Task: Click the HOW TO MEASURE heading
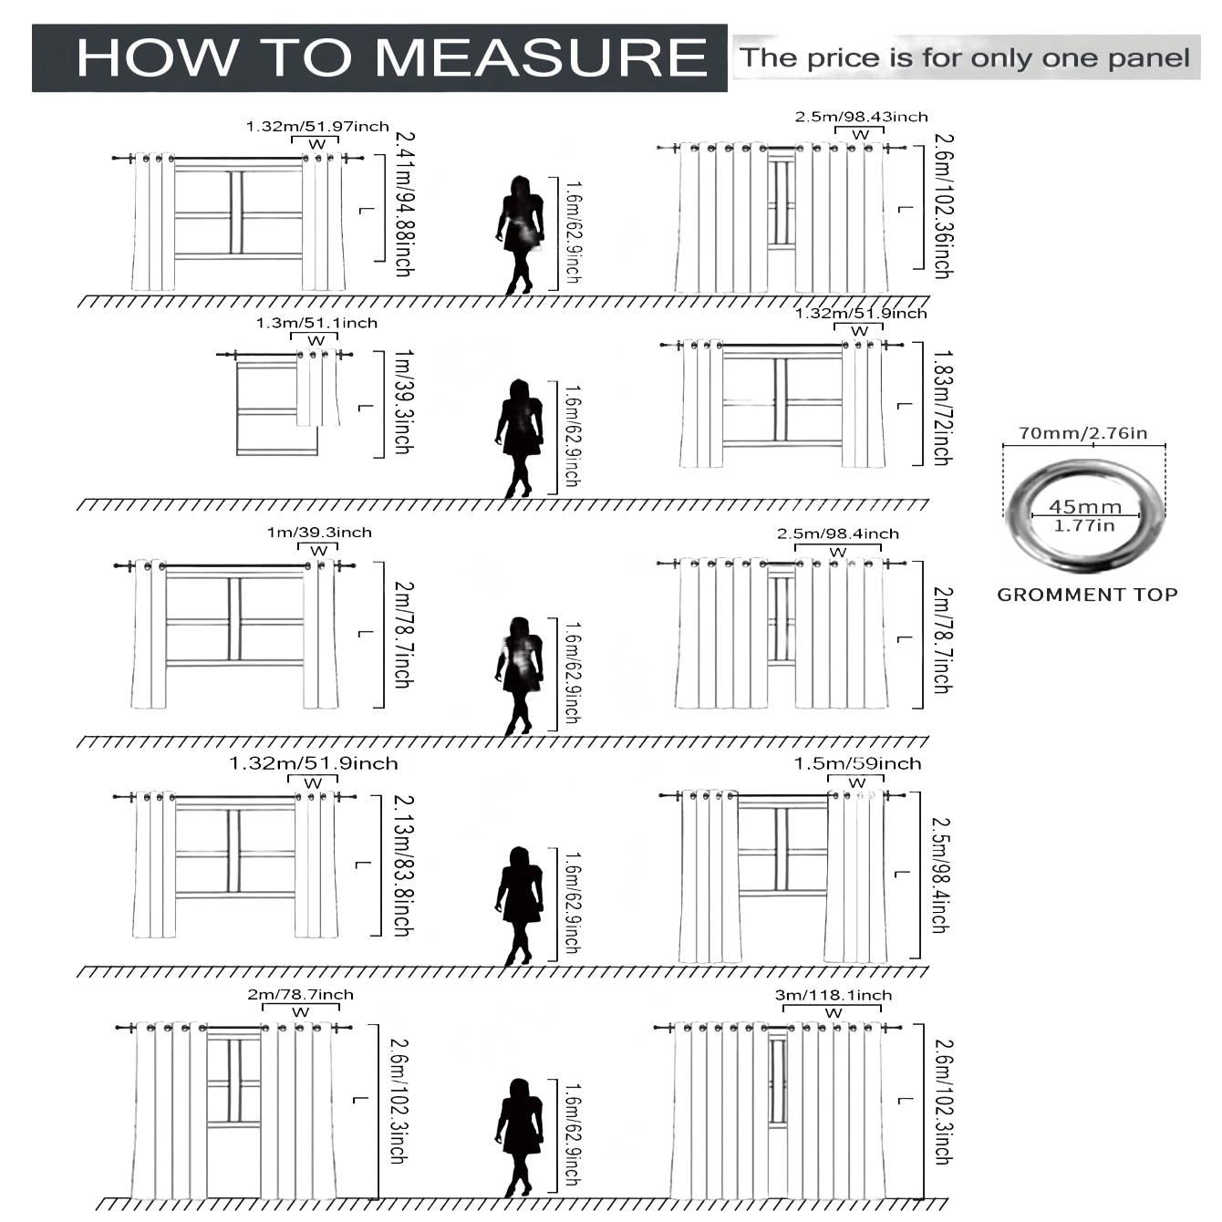tap(392, 57)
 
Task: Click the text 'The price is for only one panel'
tap(965, 58)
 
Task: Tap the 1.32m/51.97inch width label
tap(317, 127)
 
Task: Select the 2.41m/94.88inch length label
tap(404, 204)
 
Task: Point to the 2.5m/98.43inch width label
tap(861, 117)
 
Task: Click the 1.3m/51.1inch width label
tap(316, 323)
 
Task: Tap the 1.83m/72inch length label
tap(942, 407)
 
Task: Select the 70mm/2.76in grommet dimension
tap(1082, 433)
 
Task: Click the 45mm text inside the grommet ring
tap(1084, 506)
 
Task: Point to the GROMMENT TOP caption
tap(1087, 595)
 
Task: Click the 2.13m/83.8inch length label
tap(402, 865)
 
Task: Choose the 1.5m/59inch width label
tap(857, 763)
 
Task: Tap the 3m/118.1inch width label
tap(834, 995)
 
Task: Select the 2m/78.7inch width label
tap(300, 994)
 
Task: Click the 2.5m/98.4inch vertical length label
tap(940, 874)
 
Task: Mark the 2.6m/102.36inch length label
tap(943, 206)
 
